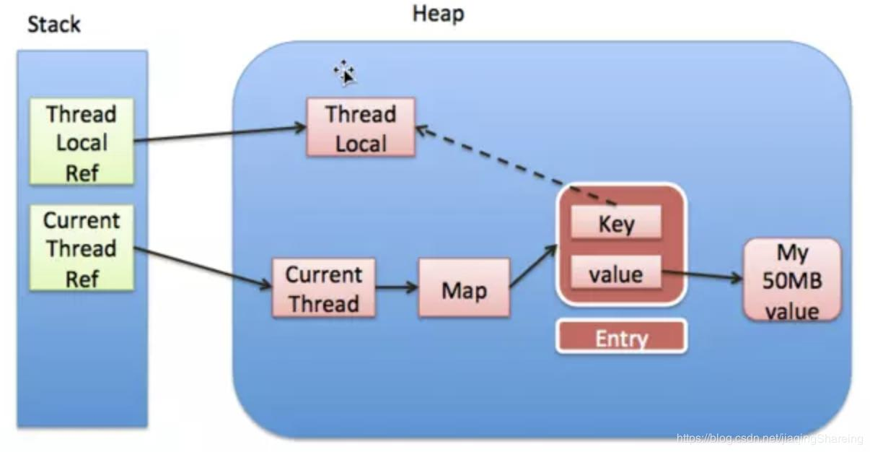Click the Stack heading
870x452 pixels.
(x=53, y=25)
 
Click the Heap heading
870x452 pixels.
(x=438, y=14)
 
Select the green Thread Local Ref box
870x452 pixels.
(x=82, y=142)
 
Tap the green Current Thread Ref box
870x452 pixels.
(x=82, y=248)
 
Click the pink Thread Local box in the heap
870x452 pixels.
(x=361, y=128)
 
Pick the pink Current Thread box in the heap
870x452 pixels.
(x=323, y=288)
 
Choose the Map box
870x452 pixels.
(x=464, y=289)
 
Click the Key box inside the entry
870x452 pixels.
(x=616, y=223)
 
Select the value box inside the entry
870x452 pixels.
(x=616, y=274)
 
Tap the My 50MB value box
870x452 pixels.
(x=792, y=281)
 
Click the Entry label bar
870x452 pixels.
(x=621, y=338)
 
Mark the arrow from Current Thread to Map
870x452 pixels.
(x=397, y=287)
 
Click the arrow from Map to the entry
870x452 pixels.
(x=534, y=266)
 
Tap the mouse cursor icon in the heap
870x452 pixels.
(x=344, y=72)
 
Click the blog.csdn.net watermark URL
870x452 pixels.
(x=770, y=438)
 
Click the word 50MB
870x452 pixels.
(x=792, y=281)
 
